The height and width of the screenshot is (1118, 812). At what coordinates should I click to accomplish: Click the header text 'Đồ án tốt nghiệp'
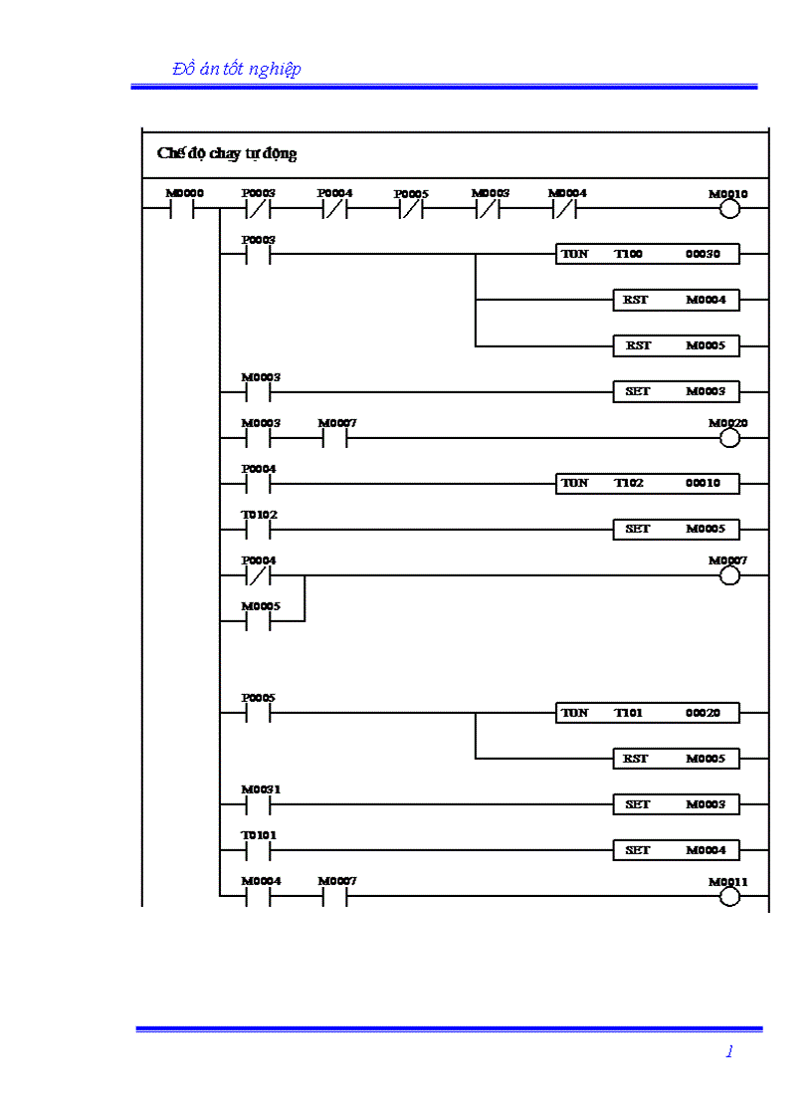(236, 69)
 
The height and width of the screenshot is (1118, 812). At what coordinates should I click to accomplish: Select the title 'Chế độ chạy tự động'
(227, 153)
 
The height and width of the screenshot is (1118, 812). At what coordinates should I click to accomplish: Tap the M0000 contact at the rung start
(181, 210)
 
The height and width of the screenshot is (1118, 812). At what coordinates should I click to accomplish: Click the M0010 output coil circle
(729, 209)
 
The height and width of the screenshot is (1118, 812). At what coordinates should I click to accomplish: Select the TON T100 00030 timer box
(648, 255)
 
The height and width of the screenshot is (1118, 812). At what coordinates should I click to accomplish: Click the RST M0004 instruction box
(676, 301)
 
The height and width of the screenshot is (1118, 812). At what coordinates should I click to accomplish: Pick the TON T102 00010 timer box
(648, 484)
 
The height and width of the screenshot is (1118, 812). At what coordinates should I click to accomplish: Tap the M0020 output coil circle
(729, 438)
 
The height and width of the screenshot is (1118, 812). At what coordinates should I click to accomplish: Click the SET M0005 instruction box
(676, 530)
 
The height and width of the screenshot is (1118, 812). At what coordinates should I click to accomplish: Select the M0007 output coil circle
(729, 575)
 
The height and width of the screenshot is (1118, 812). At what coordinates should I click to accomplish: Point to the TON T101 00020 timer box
(648, 713)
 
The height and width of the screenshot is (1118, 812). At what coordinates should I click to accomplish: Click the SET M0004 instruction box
(676, 850)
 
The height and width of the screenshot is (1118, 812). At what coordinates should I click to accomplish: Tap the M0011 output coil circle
(729, 896)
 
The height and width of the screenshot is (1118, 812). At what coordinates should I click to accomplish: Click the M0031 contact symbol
(258, 804)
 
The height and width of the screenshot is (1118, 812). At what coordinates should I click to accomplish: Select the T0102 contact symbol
(258, 530)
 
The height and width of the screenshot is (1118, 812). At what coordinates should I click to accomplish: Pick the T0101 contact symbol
(258, 850)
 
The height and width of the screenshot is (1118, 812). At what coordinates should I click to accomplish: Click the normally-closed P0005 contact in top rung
(410, 210)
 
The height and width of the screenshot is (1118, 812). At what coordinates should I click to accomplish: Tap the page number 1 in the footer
(729, 1051)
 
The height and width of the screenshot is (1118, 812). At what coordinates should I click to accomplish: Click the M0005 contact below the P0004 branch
(258, 621)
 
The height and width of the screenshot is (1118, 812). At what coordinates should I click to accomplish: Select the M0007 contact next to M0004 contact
(334, 896)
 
